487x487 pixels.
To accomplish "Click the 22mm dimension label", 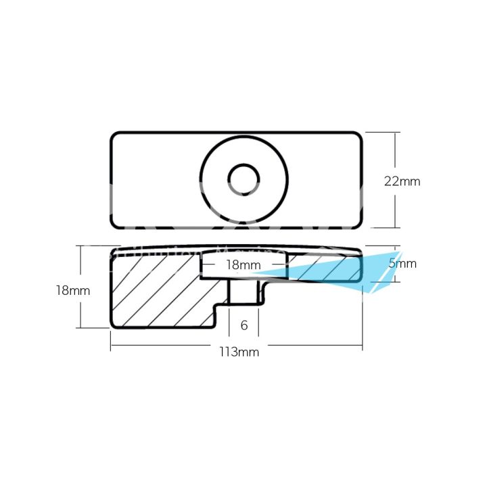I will point(402,181).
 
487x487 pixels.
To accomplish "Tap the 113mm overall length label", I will point(239,352).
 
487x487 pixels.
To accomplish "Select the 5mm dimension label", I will point(402,264).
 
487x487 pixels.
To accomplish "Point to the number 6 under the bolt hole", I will point(244,325).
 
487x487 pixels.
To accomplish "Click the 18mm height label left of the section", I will point(72,290).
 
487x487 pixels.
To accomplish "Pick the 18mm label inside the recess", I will point(243,265).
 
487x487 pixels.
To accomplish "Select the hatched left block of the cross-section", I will point(156,291).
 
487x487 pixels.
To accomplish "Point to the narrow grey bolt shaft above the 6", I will point(243,292).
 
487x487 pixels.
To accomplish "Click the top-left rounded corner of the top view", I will point(115,136).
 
